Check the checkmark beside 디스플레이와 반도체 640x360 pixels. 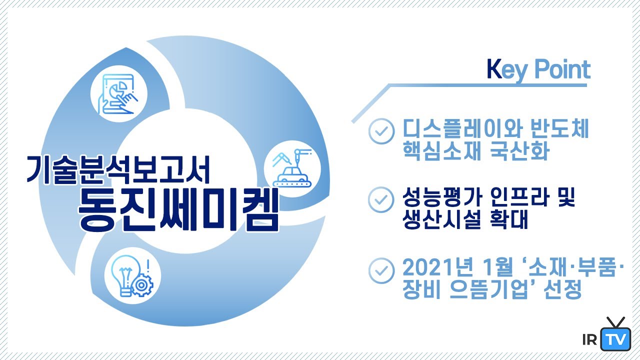click(381, 131)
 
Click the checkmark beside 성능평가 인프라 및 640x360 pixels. click(381, 199)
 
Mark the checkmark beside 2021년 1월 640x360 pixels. click(381, 269)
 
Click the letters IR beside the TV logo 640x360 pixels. click(590, 340)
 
